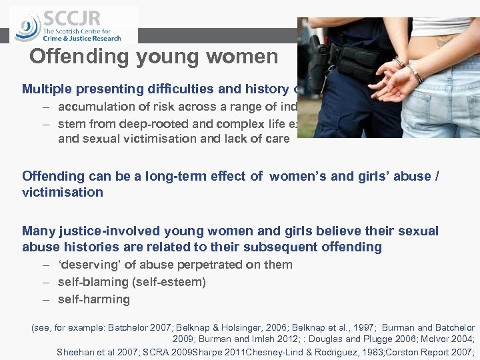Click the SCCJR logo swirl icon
[x=27, y=27]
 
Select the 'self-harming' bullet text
[x=94, y=299]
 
